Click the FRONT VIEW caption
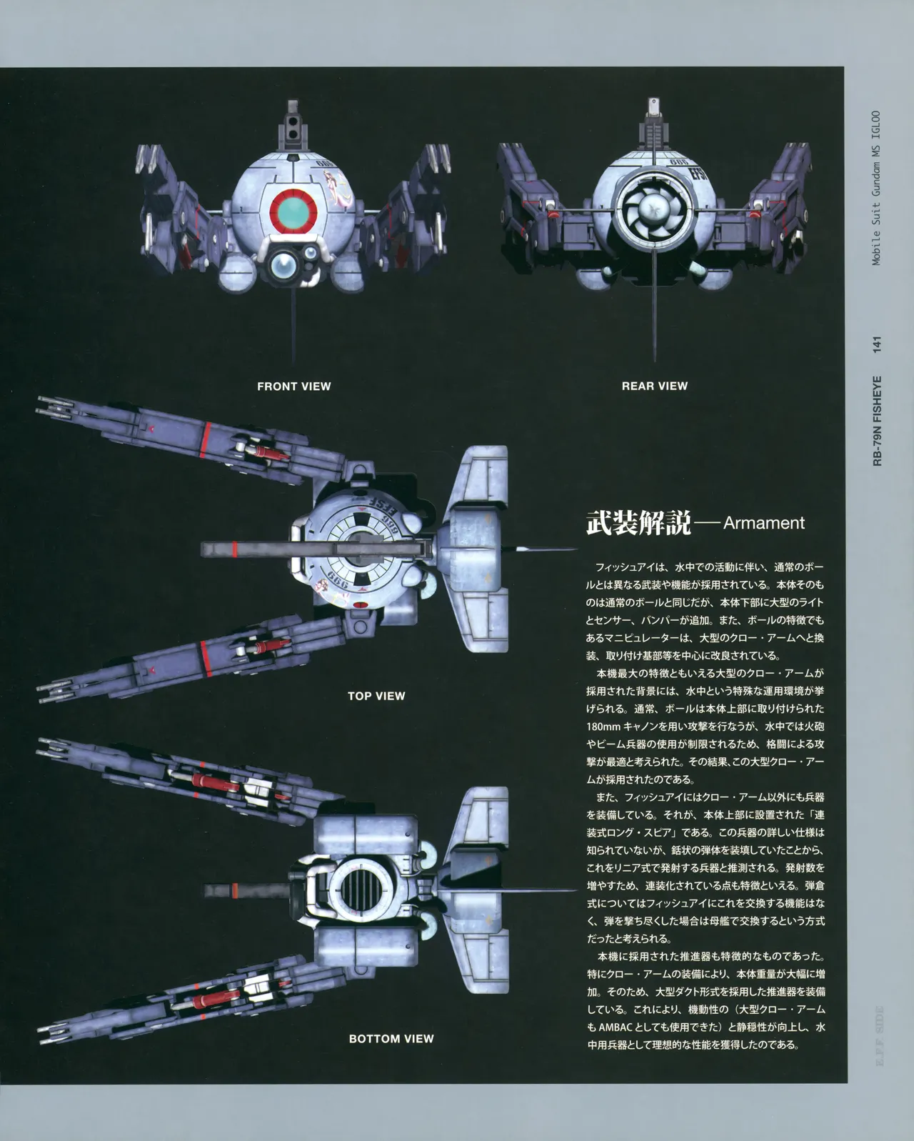[294, 387]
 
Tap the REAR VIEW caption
[655, 386]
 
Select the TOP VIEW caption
[376, 696]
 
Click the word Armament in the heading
[763, 523]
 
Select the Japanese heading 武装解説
[639, 523]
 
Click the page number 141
[877, 344]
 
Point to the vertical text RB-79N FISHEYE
[878, 421]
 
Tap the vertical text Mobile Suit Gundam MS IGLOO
[876, 188]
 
